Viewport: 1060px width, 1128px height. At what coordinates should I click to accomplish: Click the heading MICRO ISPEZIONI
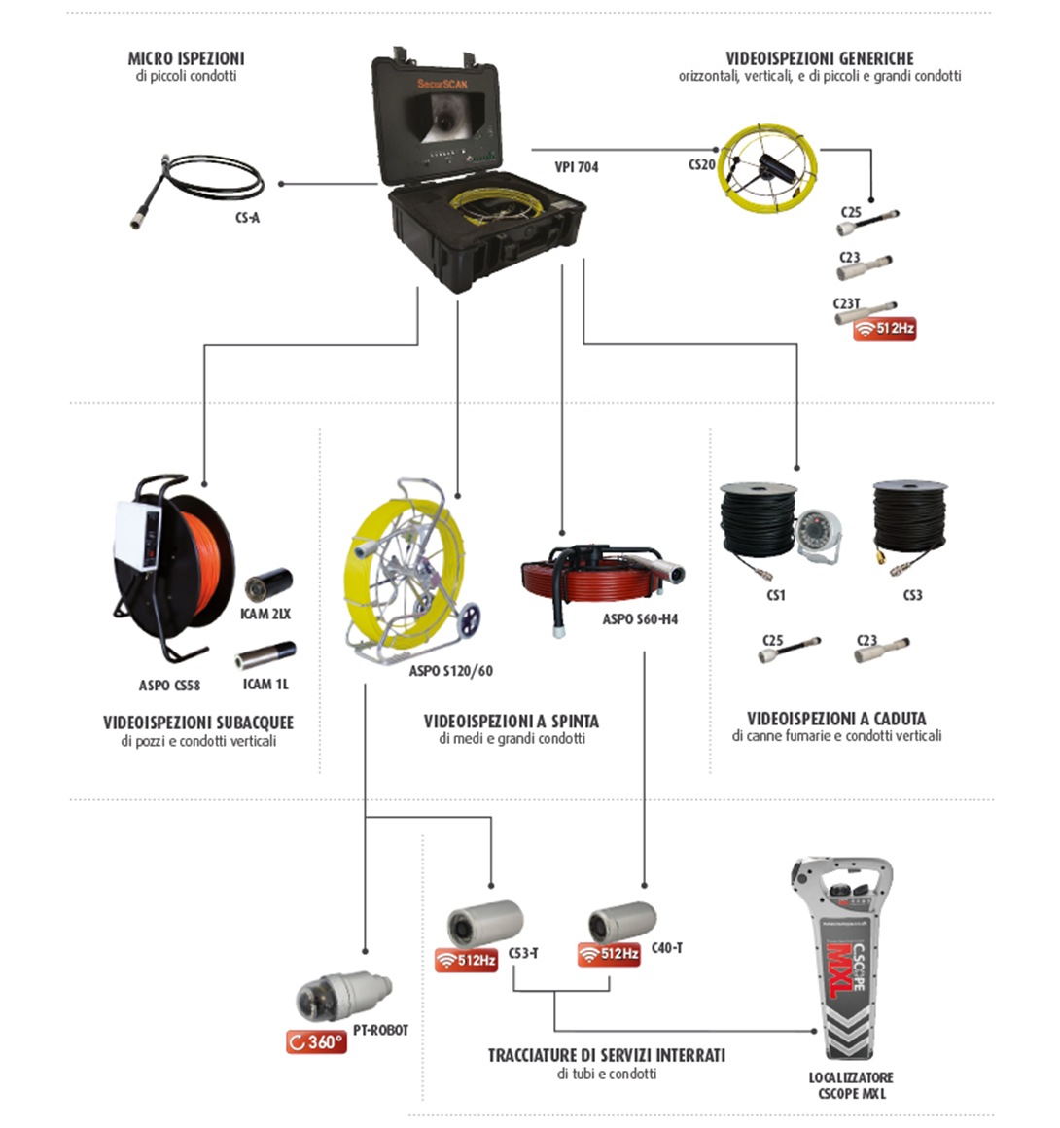(x=187, y=58)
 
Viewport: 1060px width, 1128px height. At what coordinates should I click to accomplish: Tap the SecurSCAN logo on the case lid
(x=442, y=85)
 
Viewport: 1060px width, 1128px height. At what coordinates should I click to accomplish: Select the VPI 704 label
(x=577, y=167)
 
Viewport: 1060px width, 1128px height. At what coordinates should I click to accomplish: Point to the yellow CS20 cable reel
(x=768, y=168)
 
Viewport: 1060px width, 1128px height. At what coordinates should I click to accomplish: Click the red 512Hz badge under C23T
(x=884, y=329)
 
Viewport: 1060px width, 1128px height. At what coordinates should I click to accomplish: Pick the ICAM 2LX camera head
(x=268, y=584)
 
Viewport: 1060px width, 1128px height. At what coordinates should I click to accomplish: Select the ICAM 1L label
(x=265, y=685)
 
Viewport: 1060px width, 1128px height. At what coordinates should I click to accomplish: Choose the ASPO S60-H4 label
(x=640, y=618)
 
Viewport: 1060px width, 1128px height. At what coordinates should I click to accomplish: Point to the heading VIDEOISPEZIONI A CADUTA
(x=836, y=718)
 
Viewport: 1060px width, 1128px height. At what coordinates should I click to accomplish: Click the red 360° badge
(x=317, y=1041)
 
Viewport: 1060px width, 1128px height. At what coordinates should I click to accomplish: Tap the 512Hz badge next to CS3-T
(x=466, y=961)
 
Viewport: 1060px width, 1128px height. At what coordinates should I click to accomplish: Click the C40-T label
(x=667, y=948)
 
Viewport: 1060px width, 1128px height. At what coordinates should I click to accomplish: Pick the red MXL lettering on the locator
(x=840, y=970)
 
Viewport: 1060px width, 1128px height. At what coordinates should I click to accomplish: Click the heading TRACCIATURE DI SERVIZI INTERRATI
(x=607, y=1055)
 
